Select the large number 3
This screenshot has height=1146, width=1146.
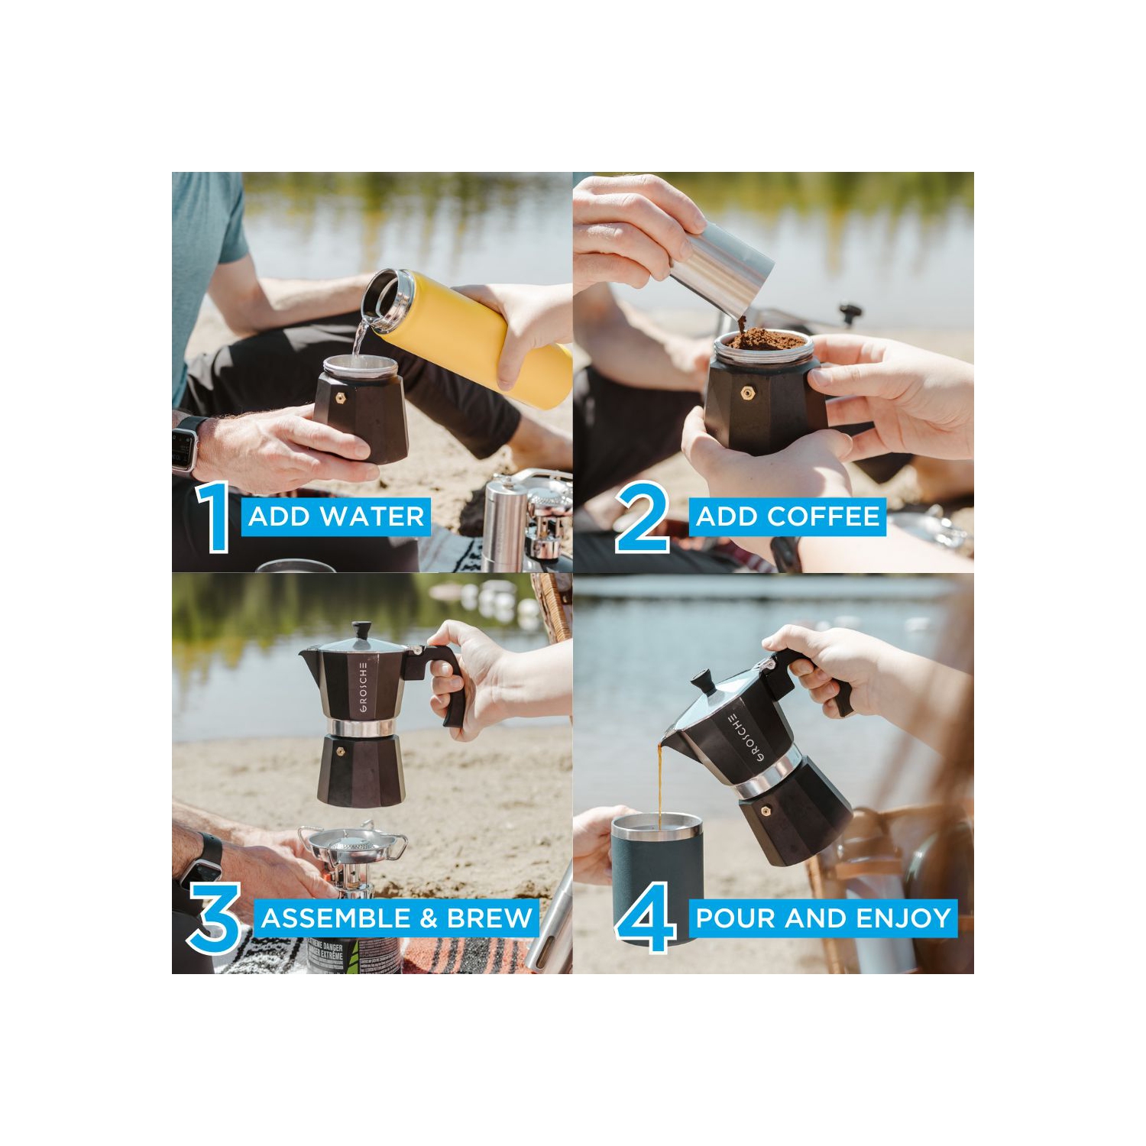pyautogui.click(x=215, y=918)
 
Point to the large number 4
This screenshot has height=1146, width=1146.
pyautogui.click(x=646, y=918)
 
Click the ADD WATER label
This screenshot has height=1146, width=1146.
pyautogui.click(x=336, y=516)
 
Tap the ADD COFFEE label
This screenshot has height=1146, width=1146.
pyautogui.click(x=788, y=516)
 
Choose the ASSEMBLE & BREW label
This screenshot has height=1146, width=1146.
pyautogui.click(x=397, y=918)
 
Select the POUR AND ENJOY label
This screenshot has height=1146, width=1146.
pyautogui.click(x=823, y=918)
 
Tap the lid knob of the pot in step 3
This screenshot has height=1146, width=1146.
pyautogui.click(x=363, y=630)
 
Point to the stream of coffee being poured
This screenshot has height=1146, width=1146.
pyautogui.click(x=660, y=779)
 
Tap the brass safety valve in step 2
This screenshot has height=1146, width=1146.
pyautogui.click(x=744, y=393)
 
